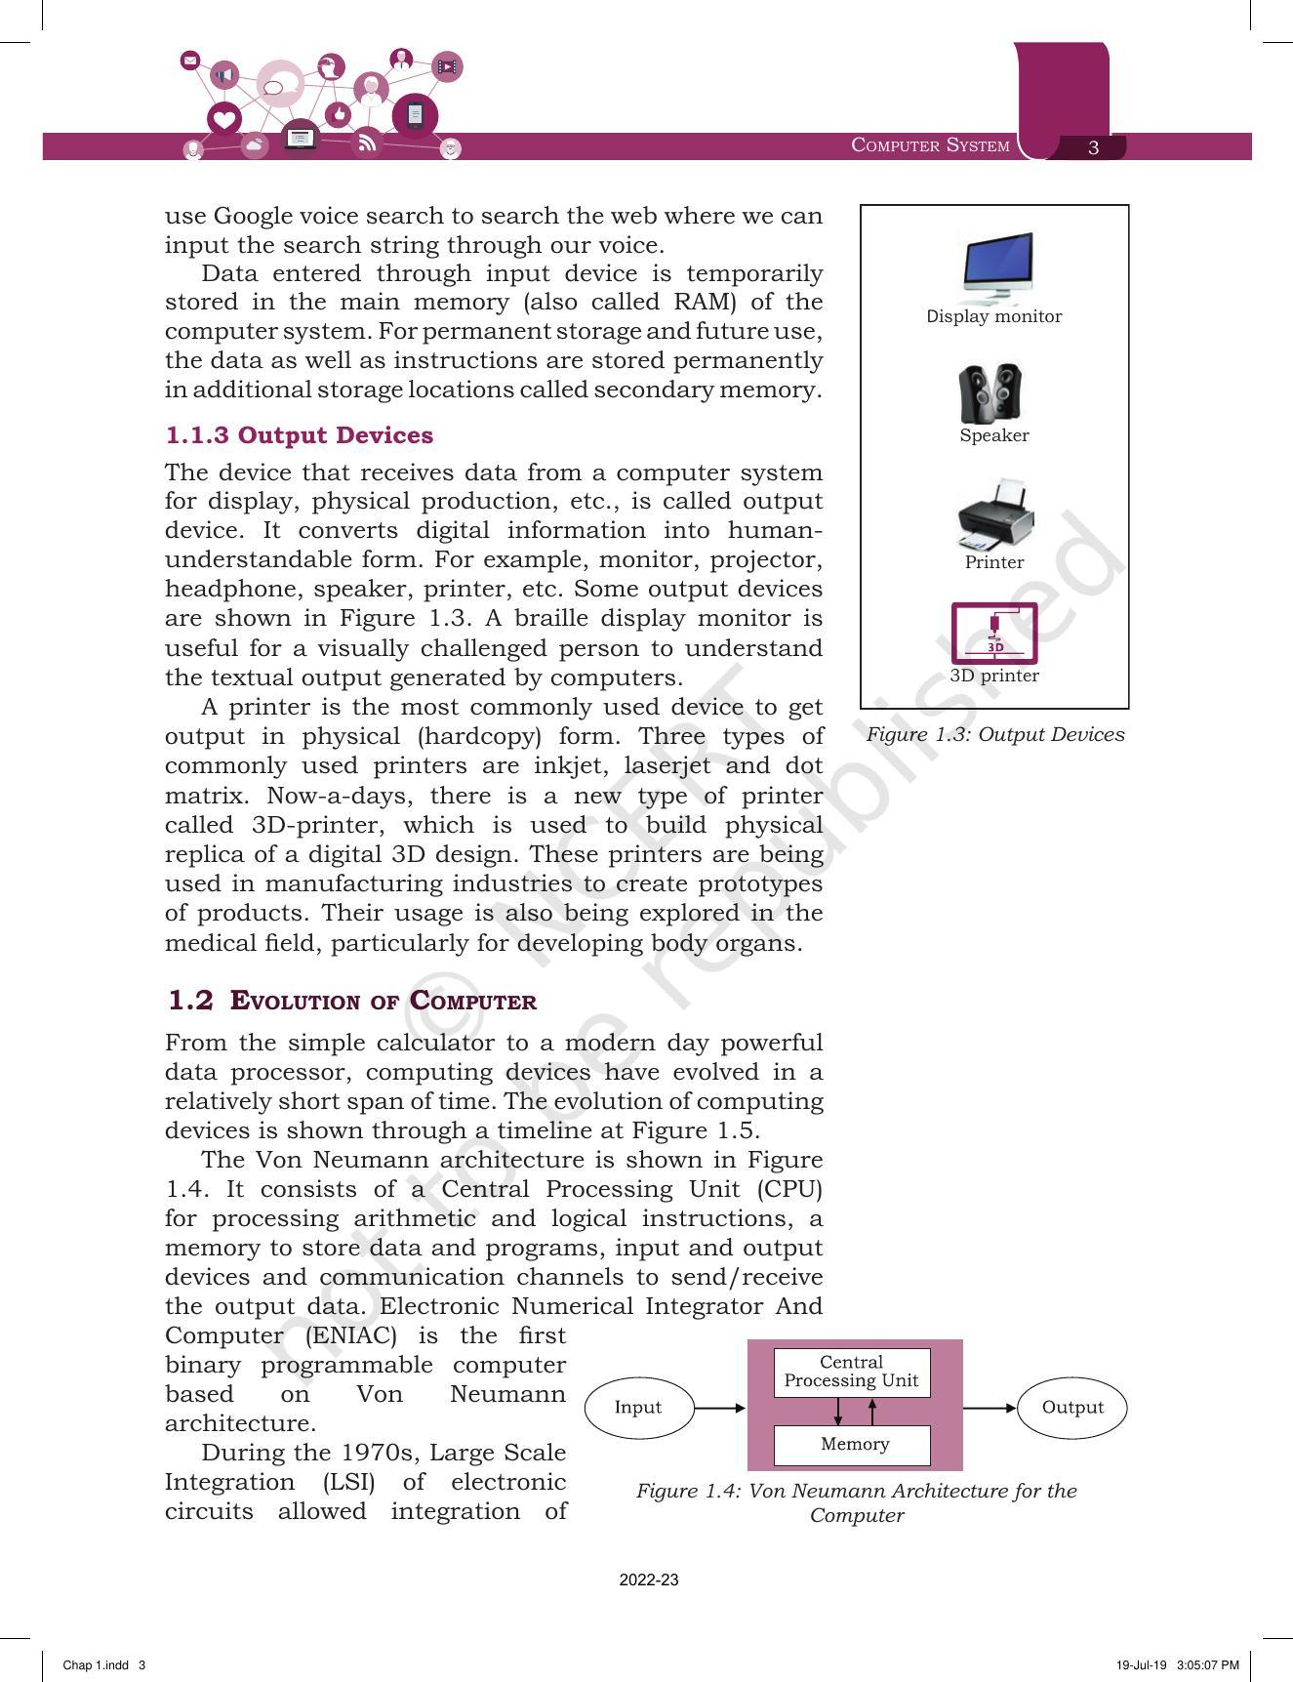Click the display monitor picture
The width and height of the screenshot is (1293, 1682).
[996, 268]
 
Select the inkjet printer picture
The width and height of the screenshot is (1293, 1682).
[994, 515]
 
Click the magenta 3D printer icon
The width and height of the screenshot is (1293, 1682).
[993, 633]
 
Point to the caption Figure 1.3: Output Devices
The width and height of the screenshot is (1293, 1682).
[994, 735]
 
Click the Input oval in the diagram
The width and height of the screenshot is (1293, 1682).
[638, 1408]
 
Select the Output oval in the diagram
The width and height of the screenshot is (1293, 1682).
[1071, 1408]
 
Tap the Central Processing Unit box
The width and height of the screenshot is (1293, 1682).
[851, 1372]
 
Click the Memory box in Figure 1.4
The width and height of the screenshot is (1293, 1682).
[852, 1445]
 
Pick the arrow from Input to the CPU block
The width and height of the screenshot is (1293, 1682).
[720, 1408]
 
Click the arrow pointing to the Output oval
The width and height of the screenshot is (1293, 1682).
[990, 1408]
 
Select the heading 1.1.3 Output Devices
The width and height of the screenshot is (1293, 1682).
[299, 435]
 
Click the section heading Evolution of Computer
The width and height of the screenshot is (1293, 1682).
[383, 1002]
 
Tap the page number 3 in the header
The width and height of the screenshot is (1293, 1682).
[1093, 147]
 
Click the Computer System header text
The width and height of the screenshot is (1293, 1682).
[930, 145]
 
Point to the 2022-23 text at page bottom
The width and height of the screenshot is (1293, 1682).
[648, 1580]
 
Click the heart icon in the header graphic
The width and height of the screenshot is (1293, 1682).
[224, 120]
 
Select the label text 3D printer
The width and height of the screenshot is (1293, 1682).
[994, 676]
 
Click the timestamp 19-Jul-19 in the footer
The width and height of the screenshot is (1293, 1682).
[1142, 1665]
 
